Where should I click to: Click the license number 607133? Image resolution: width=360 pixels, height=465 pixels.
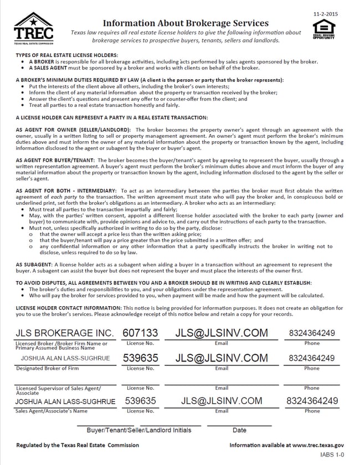point(140,333)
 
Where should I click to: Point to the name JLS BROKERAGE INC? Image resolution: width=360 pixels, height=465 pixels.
point(65,333)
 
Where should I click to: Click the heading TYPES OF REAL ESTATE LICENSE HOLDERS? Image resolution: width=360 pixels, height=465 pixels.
point(67,56)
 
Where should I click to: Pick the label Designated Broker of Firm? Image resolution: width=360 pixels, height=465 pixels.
point(47,368)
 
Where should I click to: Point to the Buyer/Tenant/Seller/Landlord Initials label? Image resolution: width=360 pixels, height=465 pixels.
point(139,430)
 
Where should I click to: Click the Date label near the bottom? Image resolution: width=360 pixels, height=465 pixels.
point(239,430)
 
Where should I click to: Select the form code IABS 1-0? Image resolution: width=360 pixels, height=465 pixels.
point(332,455)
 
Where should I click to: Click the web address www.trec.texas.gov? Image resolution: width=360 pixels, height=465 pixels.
point(318,445)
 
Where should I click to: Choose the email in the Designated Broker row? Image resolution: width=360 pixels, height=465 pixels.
point(222,358)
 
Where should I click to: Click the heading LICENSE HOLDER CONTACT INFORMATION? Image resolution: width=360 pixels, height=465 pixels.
point(69,307)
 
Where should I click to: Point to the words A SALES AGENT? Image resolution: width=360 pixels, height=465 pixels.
point(49,68)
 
